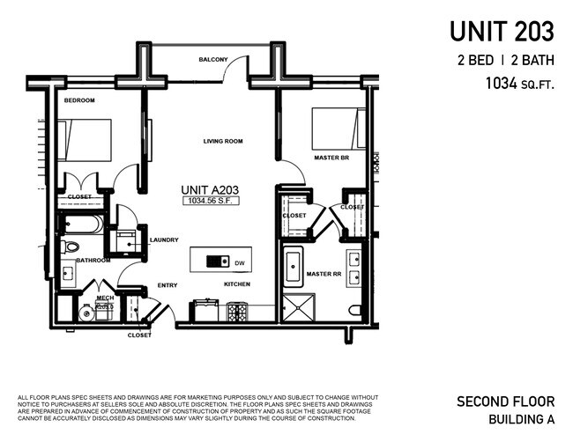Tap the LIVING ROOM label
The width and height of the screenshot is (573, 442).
(223, 141)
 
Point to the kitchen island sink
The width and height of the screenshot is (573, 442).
(215, 261)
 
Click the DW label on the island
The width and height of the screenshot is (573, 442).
(239, 262)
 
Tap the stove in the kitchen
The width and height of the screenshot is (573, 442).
(238, 312)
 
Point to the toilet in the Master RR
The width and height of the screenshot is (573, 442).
(354, 311)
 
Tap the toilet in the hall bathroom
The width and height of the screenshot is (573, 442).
(71, 247)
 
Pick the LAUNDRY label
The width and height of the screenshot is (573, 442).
(164, 239)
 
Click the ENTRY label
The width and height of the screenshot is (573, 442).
(167, 284)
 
